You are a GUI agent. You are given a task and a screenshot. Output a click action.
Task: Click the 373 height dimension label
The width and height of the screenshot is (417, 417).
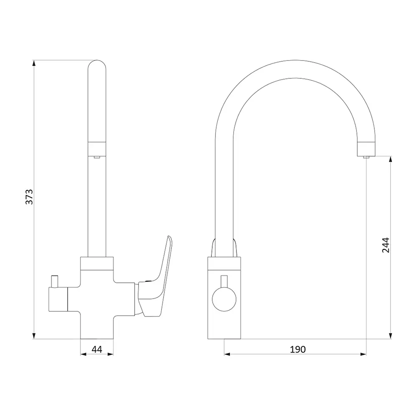pos(29,197)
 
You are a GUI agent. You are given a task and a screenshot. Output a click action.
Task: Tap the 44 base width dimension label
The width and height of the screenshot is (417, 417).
pos(97,349)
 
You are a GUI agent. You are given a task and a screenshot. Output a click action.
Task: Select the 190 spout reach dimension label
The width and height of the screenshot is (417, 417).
pos(298,349)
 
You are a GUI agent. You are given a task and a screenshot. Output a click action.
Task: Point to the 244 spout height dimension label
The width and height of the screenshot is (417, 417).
pos(386,245)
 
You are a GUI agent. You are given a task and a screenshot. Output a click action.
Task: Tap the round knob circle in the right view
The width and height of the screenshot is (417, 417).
pos(224,299)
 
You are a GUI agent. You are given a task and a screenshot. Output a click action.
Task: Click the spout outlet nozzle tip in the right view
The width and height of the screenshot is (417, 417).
pos(367,157)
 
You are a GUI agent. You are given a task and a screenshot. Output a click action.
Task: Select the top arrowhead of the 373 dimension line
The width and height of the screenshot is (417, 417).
pos(34,63)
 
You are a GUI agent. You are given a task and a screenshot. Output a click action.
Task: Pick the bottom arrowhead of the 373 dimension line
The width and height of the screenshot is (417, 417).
pos(34,336)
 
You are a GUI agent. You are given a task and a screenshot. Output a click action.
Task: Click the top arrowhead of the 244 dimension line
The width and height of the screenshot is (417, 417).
pos(390,159)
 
